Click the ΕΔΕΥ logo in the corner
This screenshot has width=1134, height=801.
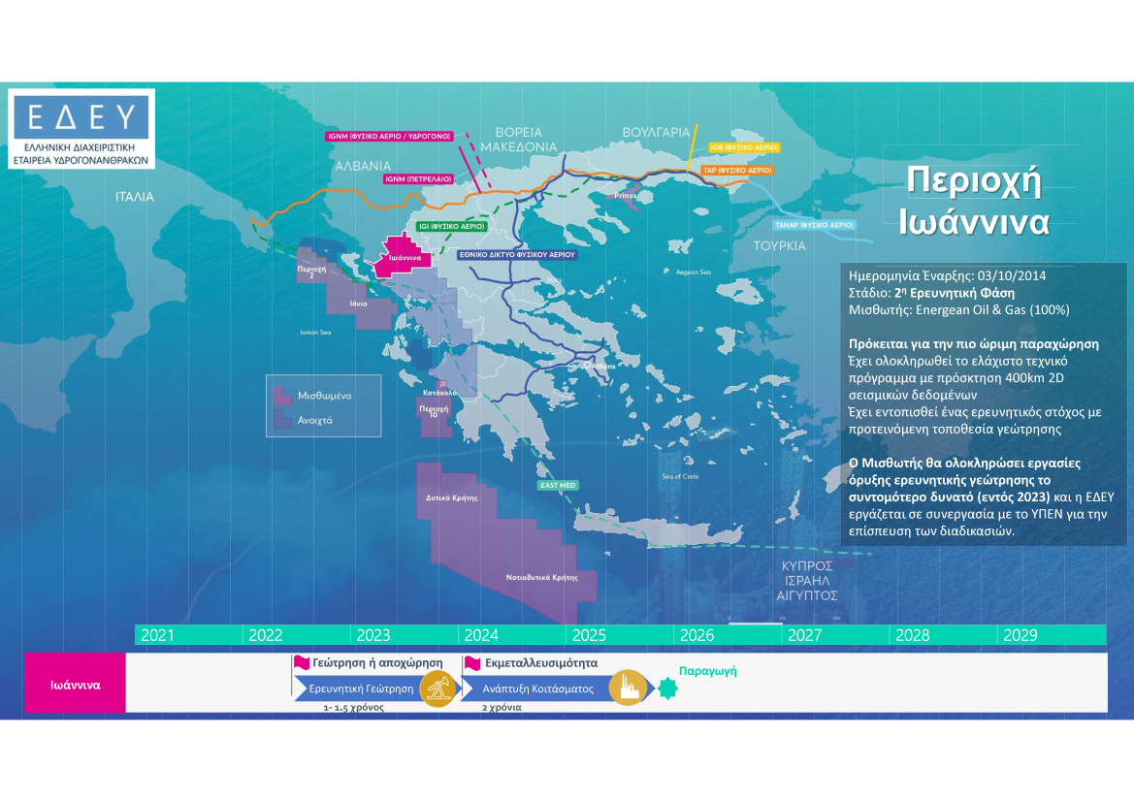click(81, 129)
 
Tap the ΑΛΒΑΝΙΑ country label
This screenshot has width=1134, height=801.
click(363, 166)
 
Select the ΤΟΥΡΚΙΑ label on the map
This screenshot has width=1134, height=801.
click(779, 245)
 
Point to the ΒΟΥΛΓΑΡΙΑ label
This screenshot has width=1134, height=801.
click(656, 132)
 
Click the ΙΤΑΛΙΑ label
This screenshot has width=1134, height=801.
click(135, 196)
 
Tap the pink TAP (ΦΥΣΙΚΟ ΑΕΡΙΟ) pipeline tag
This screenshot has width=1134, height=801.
click(736, 170)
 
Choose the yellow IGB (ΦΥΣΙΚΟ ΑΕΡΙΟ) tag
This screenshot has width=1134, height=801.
click(744, 146)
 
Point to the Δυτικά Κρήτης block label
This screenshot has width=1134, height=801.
click(452, 497)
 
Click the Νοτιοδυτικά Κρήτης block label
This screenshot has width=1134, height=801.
click(535, 577)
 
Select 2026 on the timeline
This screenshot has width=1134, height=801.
click(697, 636)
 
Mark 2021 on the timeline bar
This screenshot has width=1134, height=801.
click(158, 636)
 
